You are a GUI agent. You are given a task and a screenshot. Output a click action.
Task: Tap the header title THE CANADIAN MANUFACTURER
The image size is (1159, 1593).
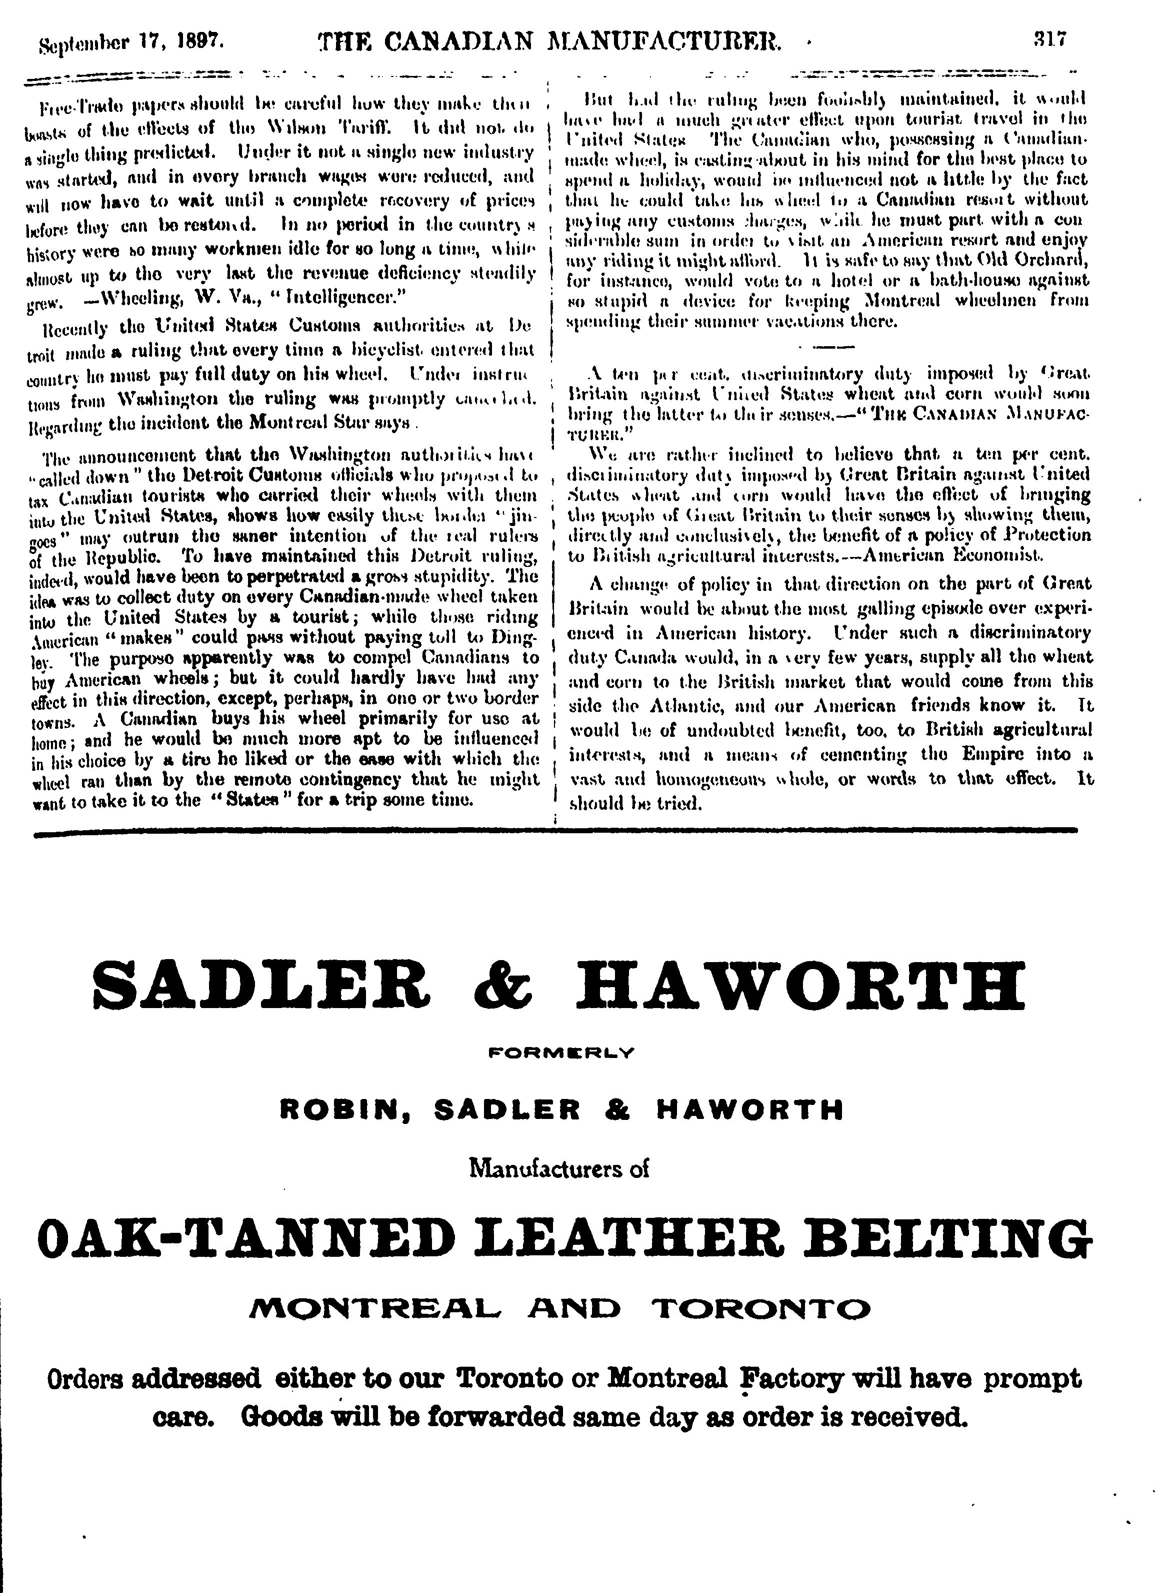coord(549,43)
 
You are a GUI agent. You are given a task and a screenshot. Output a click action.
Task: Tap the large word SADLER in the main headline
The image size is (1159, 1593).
coord(261,986)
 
